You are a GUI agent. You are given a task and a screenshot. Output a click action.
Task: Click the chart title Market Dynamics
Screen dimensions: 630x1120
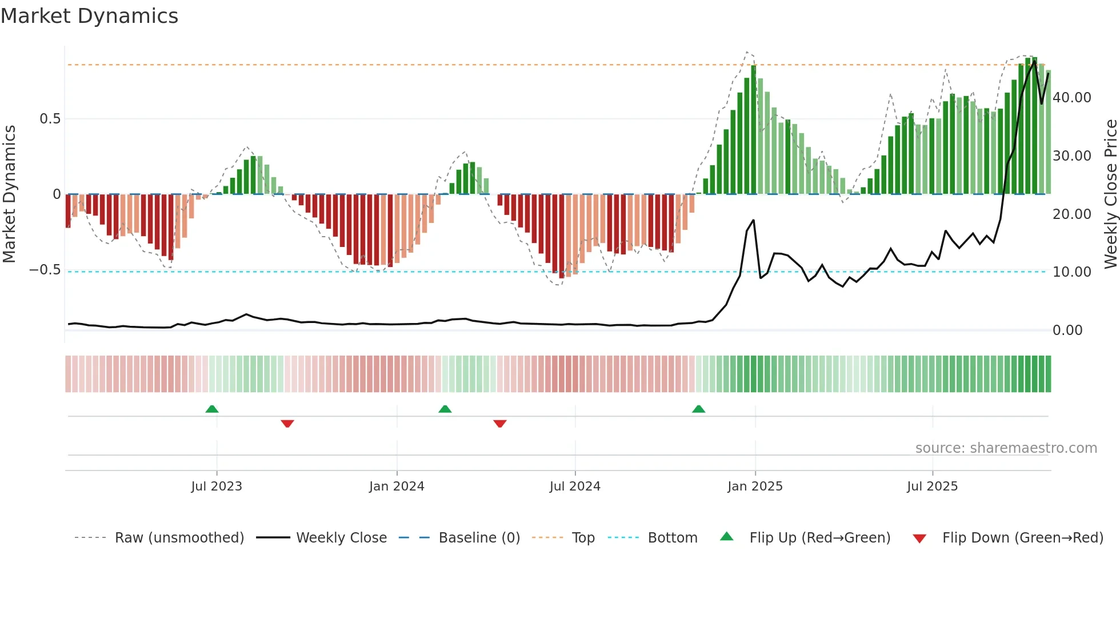89,16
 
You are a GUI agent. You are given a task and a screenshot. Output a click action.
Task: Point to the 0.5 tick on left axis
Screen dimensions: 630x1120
50,119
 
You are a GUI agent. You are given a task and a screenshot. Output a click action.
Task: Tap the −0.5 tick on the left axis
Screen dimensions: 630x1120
45,270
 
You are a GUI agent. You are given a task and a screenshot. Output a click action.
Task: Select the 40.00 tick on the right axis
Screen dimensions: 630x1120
1072,98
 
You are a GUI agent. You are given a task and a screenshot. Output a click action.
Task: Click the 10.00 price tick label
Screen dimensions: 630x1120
1072,272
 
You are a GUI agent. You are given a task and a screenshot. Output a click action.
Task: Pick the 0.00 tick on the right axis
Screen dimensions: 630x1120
1067,330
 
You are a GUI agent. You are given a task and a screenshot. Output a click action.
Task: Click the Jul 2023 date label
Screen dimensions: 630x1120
217,487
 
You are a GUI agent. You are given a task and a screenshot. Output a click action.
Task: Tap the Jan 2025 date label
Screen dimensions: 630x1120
755,487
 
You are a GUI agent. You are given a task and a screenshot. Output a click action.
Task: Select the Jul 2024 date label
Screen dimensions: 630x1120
575,487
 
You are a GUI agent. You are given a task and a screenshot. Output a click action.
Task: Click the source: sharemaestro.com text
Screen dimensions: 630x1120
1006,448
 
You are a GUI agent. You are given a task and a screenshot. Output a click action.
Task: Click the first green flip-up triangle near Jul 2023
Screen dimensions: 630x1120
212,409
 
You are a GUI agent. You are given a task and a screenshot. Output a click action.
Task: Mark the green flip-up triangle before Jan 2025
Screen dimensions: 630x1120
698,409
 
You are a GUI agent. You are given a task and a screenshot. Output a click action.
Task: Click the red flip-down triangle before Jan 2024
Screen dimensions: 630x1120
287,424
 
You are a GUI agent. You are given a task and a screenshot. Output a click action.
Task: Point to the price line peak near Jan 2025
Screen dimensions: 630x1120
753,220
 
